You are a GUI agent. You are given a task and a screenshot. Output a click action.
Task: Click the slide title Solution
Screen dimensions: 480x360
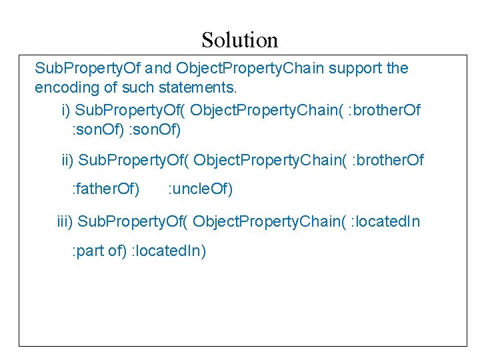coord(239,40)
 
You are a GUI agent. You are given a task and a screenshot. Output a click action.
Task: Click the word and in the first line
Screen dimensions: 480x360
coord(158,68)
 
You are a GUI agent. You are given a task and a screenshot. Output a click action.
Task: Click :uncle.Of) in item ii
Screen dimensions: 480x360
coord(200,189)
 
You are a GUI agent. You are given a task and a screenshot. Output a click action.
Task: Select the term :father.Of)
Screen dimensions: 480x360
coord(105,189)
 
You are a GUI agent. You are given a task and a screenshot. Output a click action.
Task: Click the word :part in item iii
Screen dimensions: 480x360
coord(88,251)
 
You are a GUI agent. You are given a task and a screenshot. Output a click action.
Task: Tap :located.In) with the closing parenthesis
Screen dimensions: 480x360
coord(169,251)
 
